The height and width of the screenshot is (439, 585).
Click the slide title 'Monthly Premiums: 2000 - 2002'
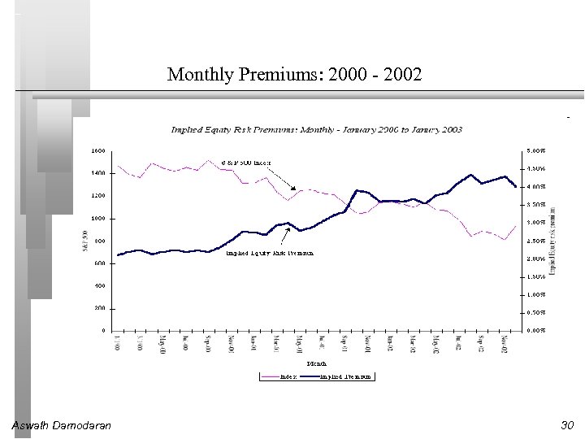coord(294,76)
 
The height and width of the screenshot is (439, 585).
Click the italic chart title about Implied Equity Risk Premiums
coord(317,129)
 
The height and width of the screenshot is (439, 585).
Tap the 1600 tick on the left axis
coord(97,150)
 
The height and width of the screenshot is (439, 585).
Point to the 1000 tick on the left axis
coord(97,219)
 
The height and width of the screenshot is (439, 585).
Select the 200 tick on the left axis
coord(99,308)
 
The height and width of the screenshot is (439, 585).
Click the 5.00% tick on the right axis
coord(535,150)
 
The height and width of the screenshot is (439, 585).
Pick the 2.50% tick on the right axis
coord(535,241)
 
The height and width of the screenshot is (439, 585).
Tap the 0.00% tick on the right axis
coord(535,331)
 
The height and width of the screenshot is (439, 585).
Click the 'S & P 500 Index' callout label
coord(247,162)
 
